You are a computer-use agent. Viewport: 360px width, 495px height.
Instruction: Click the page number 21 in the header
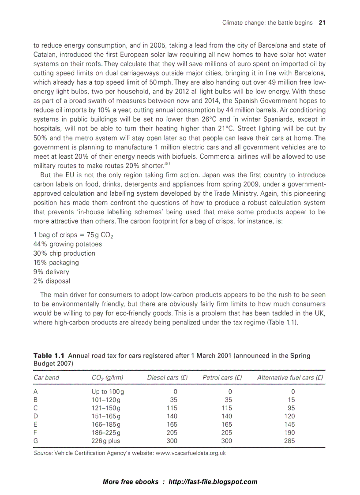322,22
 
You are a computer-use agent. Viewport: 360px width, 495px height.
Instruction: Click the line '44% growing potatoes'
67,244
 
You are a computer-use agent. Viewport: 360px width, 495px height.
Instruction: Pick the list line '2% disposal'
52,281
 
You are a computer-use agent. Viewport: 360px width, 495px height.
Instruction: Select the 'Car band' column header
46,378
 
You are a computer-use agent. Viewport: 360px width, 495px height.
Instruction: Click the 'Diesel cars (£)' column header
167,378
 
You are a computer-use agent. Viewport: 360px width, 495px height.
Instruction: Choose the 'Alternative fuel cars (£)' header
290,378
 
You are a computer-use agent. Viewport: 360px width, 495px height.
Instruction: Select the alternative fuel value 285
289,440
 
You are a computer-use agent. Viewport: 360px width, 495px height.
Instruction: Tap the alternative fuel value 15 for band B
291,399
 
